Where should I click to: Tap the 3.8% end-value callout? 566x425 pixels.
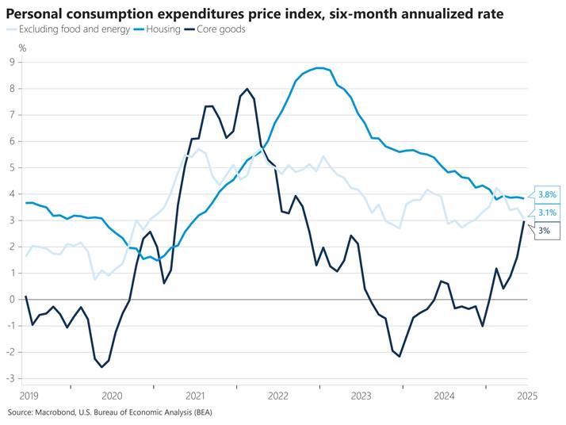(x=547, y=194)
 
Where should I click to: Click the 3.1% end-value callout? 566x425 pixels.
(x=547, y=212)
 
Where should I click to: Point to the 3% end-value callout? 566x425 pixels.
(x=544, y=230)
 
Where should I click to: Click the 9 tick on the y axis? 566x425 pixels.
(x=13, y=62)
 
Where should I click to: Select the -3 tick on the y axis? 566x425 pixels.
(x=11, y=378)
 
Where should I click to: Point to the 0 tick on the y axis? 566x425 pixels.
(x=13, y=299)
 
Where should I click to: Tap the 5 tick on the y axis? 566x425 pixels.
(x=13, y=167)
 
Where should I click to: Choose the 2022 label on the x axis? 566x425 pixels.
(x=277, y=395)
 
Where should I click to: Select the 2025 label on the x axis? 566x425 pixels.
(x=526, y=395)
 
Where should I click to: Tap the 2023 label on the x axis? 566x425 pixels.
(x=361, y=395)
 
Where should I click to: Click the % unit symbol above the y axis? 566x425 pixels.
(x=22, y=48)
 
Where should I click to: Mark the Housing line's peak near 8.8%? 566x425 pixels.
(x=319, y=68)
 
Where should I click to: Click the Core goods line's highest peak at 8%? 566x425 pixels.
(x=247, y=89)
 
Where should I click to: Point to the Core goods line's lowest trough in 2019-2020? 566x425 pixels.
(x=102, y=366)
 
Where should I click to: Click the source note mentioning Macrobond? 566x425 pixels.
(x=110, y=413)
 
